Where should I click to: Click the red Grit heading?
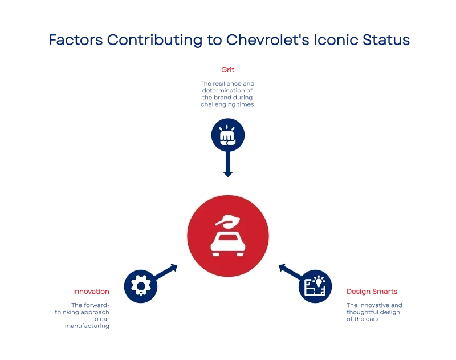coord(227,69)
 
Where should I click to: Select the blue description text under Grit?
coord(227,95)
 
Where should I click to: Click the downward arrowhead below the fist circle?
coord(227,172)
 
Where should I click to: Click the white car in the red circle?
coord(227,244)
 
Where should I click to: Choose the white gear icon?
coord(140,286)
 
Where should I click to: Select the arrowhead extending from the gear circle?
coord(172,267)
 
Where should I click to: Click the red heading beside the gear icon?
coord(91,292)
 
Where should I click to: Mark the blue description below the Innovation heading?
coord(82,316)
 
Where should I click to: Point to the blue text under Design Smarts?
coord(374,312)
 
